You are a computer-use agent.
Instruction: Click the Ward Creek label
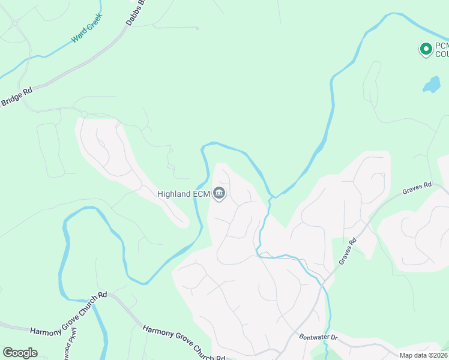pos(86,28)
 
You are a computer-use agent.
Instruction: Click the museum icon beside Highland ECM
pos(219,193)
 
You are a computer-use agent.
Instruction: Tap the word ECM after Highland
pos(200,194)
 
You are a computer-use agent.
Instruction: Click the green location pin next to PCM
pos(426,49)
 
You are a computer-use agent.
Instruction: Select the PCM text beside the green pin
pos(441,46)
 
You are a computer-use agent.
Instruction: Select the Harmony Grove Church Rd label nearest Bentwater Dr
pos(183,344)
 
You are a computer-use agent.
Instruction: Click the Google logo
pos(20,353)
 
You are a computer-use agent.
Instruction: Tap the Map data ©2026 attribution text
pos(424,355)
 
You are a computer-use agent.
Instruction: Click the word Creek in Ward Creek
pos(94,23)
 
